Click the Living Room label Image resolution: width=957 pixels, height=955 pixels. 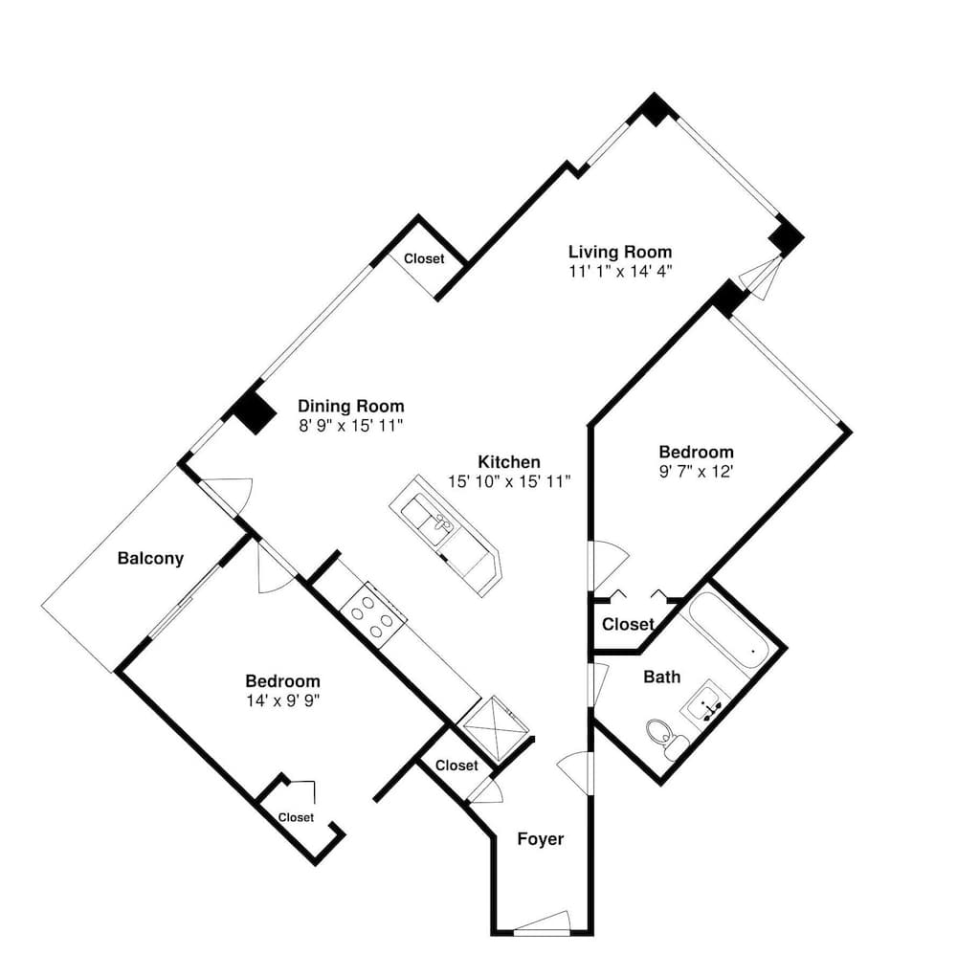coord(620,252)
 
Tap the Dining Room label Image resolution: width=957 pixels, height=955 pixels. coord(350,406)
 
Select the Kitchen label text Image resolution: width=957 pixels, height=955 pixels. coord(509,461)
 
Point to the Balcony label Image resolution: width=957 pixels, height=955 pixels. coord(150,559)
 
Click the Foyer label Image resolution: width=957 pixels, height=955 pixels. coord(541,839)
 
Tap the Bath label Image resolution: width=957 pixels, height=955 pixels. coord(662,677)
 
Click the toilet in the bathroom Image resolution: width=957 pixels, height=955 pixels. coord(660,735)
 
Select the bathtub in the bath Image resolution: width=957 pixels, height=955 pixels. coord(728,636)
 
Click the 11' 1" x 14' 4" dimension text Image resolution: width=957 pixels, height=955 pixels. coord(620,271)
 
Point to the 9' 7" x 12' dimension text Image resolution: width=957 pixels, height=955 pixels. coord(696,471)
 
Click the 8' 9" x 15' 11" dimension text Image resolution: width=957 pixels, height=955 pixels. coord(350,425)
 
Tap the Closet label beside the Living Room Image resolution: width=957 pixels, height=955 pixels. coord(424,258)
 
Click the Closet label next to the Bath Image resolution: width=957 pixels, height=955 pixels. coord(628,625)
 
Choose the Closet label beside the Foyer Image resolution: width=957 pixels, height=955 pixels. coord(456,766)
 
